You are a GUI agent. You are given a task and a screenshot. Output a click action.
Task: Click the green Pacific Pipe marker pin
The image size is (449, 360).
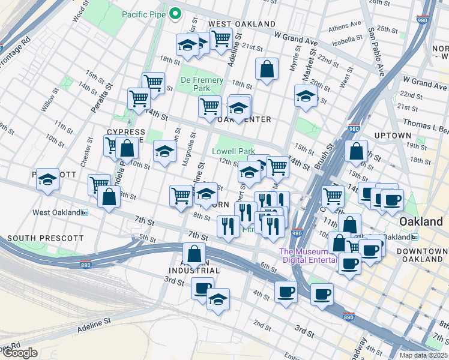(x=175, y=13)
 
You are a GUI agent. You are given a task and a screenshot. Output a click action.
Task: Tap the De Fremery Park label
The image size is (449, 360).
(x=202, y=85)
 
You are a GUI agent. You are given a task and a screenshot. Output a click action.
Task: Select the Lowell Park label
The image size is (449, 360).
(x=234, y=152)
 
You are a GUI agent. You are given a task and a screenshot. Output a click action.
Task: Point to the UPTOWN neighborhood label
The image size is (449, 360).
(x=393, y=136)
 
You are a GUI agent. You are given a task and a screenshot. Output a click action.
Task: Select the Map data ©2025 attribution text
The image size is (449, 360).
(x=423, y=355)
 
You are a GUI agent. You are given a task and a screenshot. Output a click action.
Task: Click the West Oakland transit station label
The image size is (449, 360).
(x=57, y=212)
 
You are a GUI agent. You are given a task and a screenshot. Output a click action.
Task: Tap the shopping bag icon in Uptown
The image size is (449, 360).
(x=357, y=152)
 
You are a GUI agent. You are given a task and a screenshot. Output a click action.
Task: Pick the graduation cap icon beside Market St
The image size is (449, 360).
(x=306, y=96)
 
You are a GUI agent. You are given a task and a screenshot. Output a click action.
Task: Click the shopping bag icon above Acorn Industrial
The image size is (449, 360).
(x=194, y=254)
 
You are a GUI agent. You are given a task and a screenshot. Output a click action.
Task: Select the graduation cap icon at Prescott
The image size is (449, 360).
(x=47, y=179)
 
